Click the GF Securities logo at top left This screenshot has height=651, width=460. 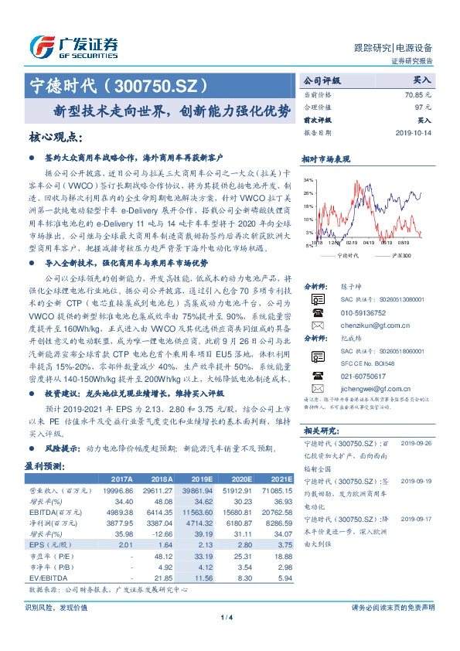point(73,45)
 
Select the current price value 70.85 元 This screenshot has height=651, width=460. point(417,94)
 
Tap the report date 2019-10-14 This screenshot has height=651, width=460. point(415,132)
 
